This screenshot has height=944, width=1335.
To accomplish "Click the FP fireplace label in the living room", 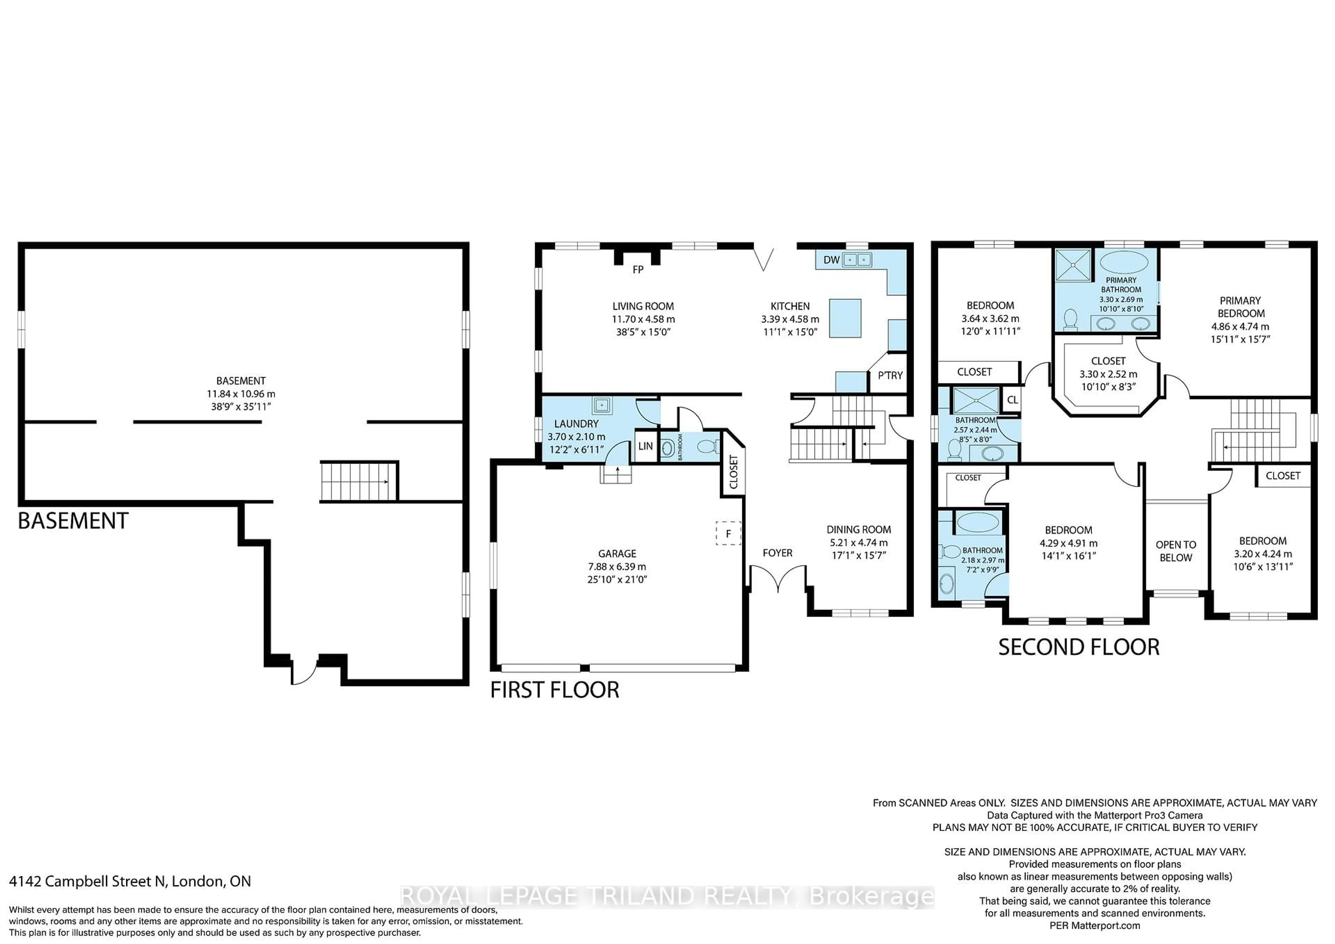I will pos(638,270).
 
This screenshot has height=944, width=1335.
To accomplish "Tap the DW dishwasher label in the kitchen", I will pos(831,260).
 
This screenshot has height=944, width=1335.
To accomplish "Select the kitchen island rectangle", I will pos(845,318).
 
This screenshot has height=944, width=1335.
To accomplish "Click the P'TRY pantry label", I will pos(890,375).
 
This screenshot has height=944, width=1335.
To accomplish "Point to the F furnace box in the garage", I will pos(728,533).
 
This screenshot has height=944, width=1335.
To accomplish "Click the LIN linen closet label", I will pos(645,446).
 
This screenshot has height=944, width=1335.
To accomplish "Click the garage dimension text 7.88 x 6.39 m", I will pos(617,566).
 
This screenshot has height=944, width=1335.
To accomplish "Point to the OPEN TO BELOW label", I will pos(1176,551).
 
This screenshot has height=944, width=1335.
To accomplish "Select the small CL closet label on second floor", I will pos(1012,400).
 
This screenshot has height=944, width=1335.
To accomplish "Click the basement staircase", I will pos(358,481).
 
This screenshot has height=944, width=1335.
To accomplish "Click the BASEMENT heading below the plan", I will pos(73,521).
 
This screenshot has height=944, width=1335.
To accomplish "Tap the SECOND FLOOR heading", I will pos(1078,647).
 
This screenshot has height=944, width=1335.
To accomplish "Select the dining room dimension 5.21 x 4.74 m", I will pos(858,542).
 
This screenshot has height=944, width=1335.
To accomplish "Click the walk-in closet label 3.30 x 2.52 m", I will pos(1108,374).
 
